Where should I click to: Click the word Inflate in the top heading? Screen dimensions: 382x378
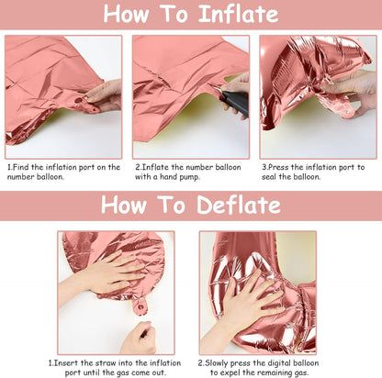239,14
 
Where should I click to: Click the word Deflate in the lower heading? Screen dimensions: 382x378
239,205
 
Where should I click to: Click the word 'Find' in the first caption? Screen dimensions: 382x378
21,167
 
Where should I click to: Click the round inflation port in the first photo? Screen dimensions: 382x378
79,100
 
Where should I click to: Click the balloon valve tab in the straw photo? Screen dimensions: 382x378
140,306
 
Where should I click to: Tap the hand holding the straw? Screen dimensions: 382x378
140,338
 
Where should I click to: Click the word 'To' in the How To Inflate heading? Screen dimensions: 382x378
174,14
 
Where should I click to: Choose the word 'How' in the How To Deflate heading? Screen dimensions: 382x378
124,205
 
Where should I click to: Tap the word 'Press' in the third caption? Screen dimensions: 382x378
278,167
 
